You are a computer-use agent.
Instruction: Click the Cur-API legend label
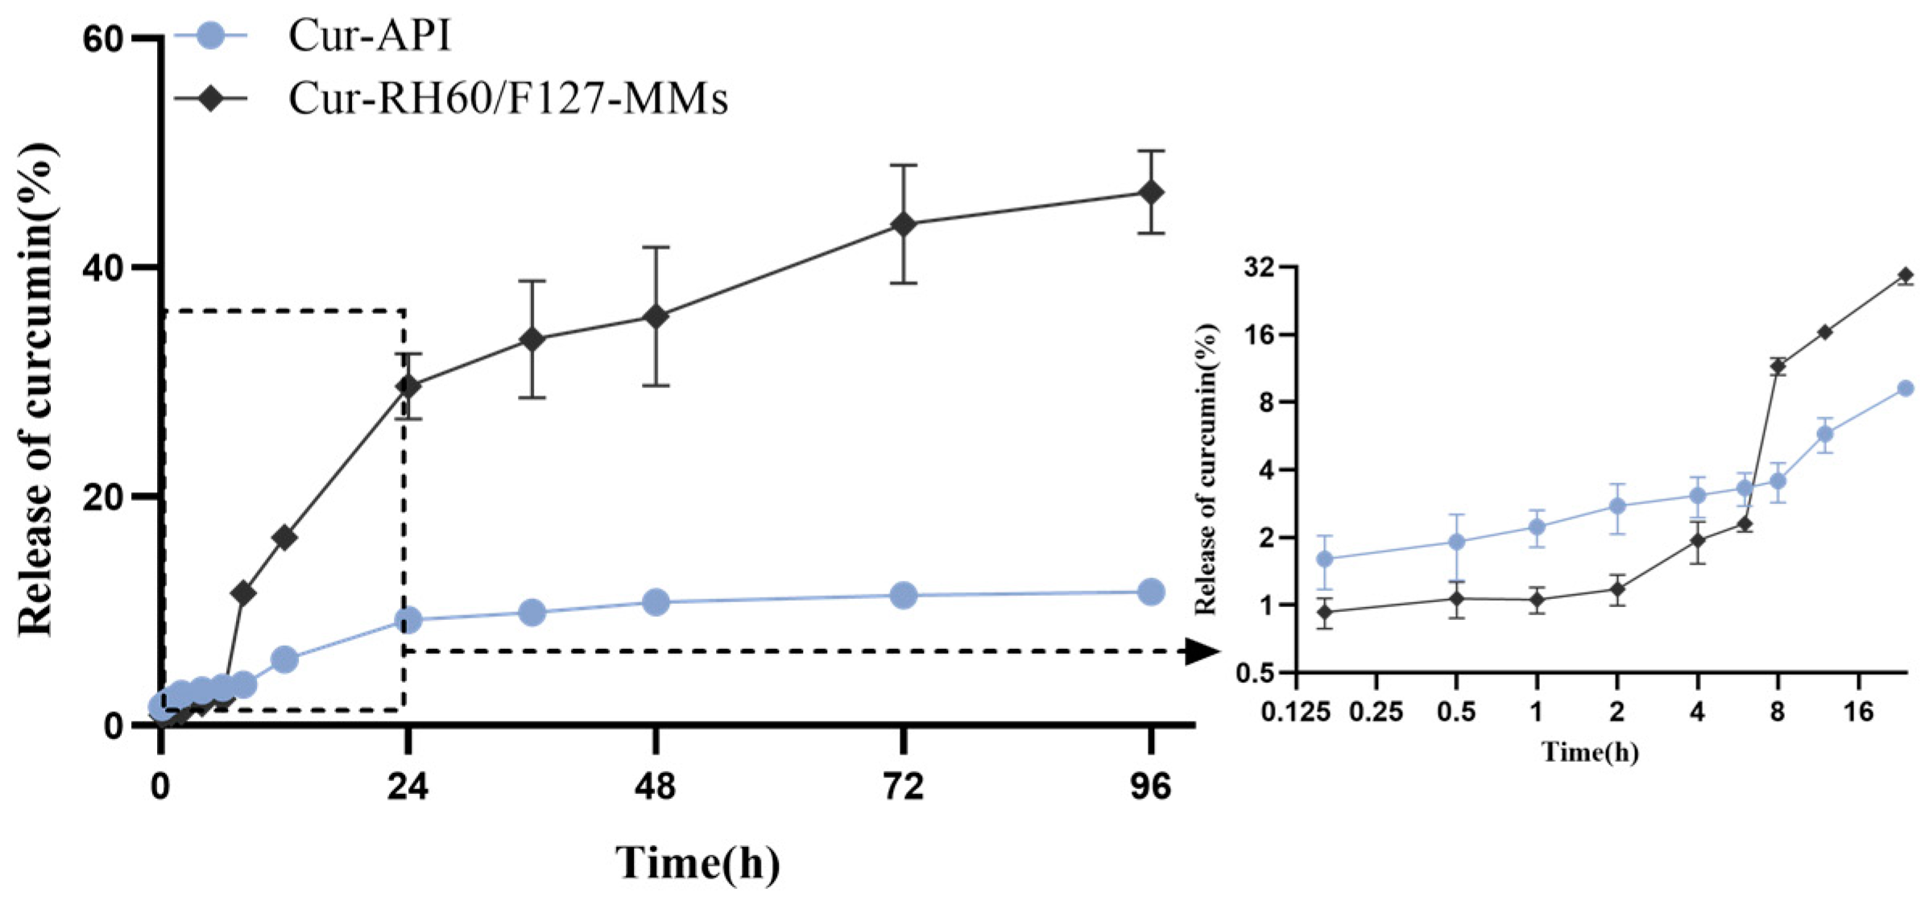click(369, 36)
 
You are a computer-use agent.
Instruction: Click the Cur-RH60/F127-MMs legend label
click(507, 98)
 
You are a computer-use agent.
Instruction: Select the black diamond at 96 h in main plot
click(1151, 192)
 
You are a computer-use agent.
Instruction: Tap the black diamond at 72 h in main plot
click(904, 224)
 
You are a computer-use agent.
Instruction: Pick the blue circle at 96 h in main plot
click(1151, 592)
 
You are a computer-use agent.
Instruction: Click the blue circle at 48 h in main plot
click(656, 601)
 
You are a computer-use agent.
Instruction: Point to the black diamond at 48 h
click(656, 316)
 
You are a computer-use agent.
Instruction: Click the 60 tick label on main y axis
click(103, 39)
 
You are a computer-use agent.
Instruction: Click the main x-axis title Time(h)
click(698, 863)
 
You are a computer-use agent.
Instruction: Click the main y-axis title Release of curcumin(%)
click(36, 390)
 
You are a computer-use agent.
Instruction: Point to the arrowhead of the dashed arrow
click(1203, 651)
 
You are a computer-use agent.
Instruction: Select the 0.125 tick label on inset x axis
click(1296, 712)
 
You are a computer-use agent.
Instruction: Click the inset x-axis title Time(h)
click(1590, 752)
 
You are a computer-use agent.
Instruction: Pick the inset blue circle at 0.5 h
click(1456, 542)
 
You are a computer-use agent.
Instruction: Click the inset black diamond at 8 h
click(1778, 366)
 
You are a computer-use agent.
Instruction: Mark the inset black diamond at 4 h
click(1698, 540)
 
